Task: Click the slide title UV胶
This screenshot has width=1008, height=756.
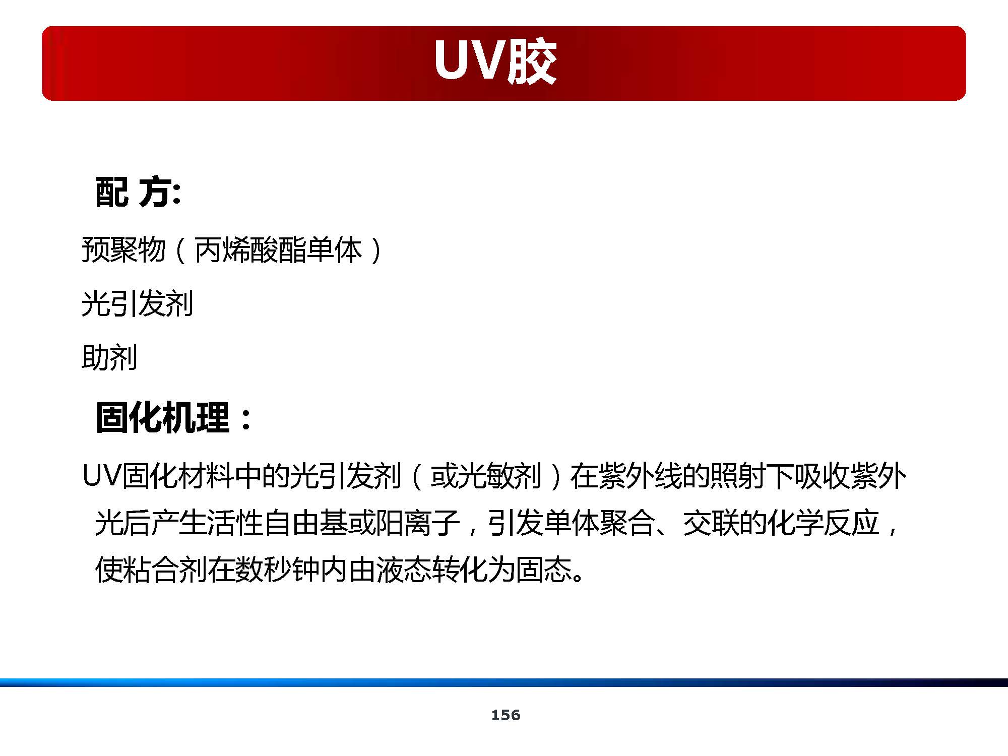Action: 495,61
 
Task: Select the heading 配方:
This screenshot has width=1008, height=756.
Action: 138,192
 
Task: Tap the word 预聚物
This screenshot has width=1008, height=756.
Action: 123,250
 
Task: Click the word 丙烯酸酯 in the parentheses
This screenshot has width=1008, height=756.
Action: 249,250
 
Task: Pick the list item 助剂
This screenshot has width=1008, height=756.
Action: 109,358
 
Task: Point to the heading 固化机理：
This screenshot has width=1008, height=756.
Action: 174,418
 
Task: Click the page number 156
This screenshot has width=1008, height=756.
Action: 506,715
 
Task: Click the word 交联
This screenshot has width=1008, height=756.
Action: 711,523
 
